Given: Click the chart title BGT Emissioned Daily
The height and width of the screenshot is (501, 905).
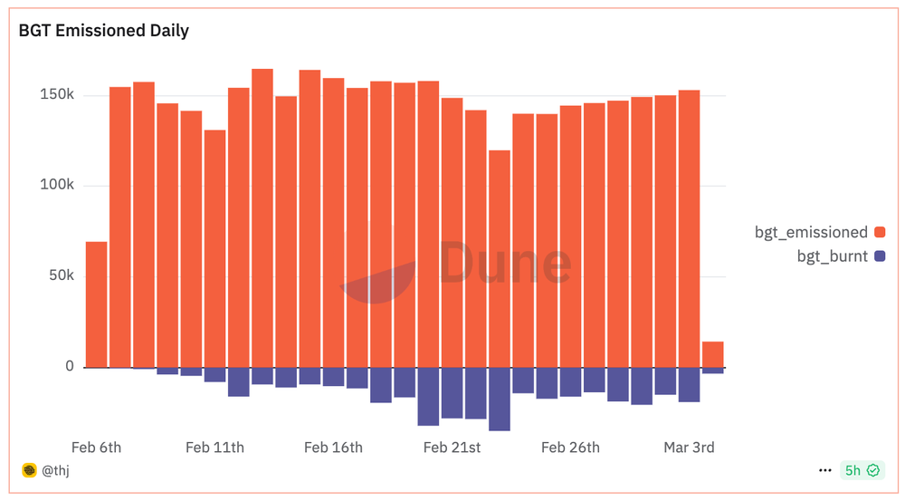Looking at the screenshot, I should pyautogui.click(x=104, y=31).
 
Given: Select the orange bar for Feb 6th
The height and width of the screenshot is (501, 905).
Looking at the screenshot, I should pyautogui.click(x=97, y=304).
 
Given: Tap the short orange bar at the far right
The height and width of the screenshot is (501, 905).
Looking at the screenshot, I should pyautogui.click(x=713, y=354).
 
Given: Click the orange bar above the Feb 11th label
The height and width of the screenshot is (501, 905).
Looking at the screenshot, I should pyautogui.click(x=214, y=248).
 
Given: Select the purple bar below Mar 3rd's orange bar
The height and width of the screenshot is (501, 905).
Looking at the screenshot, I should pyautogui.click(x=690, y=384).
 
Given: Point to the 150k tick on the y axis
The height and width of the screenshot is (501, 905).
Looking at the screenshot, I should pyautogui.click(x=57, y=95).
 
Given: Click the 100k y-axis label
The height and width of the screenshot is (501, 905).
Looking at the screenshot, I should pyautogui.click(x=57, y=186).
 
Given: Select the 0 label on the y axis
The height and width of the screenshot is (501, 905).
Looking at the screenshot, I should pyautogui.click(x=69, y=366).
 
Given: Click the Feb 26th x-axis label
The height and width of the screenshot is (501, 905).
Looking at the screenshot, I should pyautogui.click(x=570, y=448).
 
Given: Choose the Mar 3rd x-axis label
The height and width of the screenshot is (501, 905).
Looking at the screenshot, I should pyautogui.click(x=689, y=448).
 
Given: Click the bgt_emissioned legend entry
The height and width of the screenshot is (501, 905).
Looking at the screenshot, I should pyautogui.click(x=811, y=232).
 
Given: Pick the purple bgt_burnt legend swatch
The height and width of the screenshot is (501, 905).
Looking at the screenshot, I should pyautogui.click(x=880, y=256).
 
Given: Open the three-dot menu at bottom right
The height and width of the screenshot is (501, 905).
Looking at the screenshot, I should pyautogui.click(x=824, y=470).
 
